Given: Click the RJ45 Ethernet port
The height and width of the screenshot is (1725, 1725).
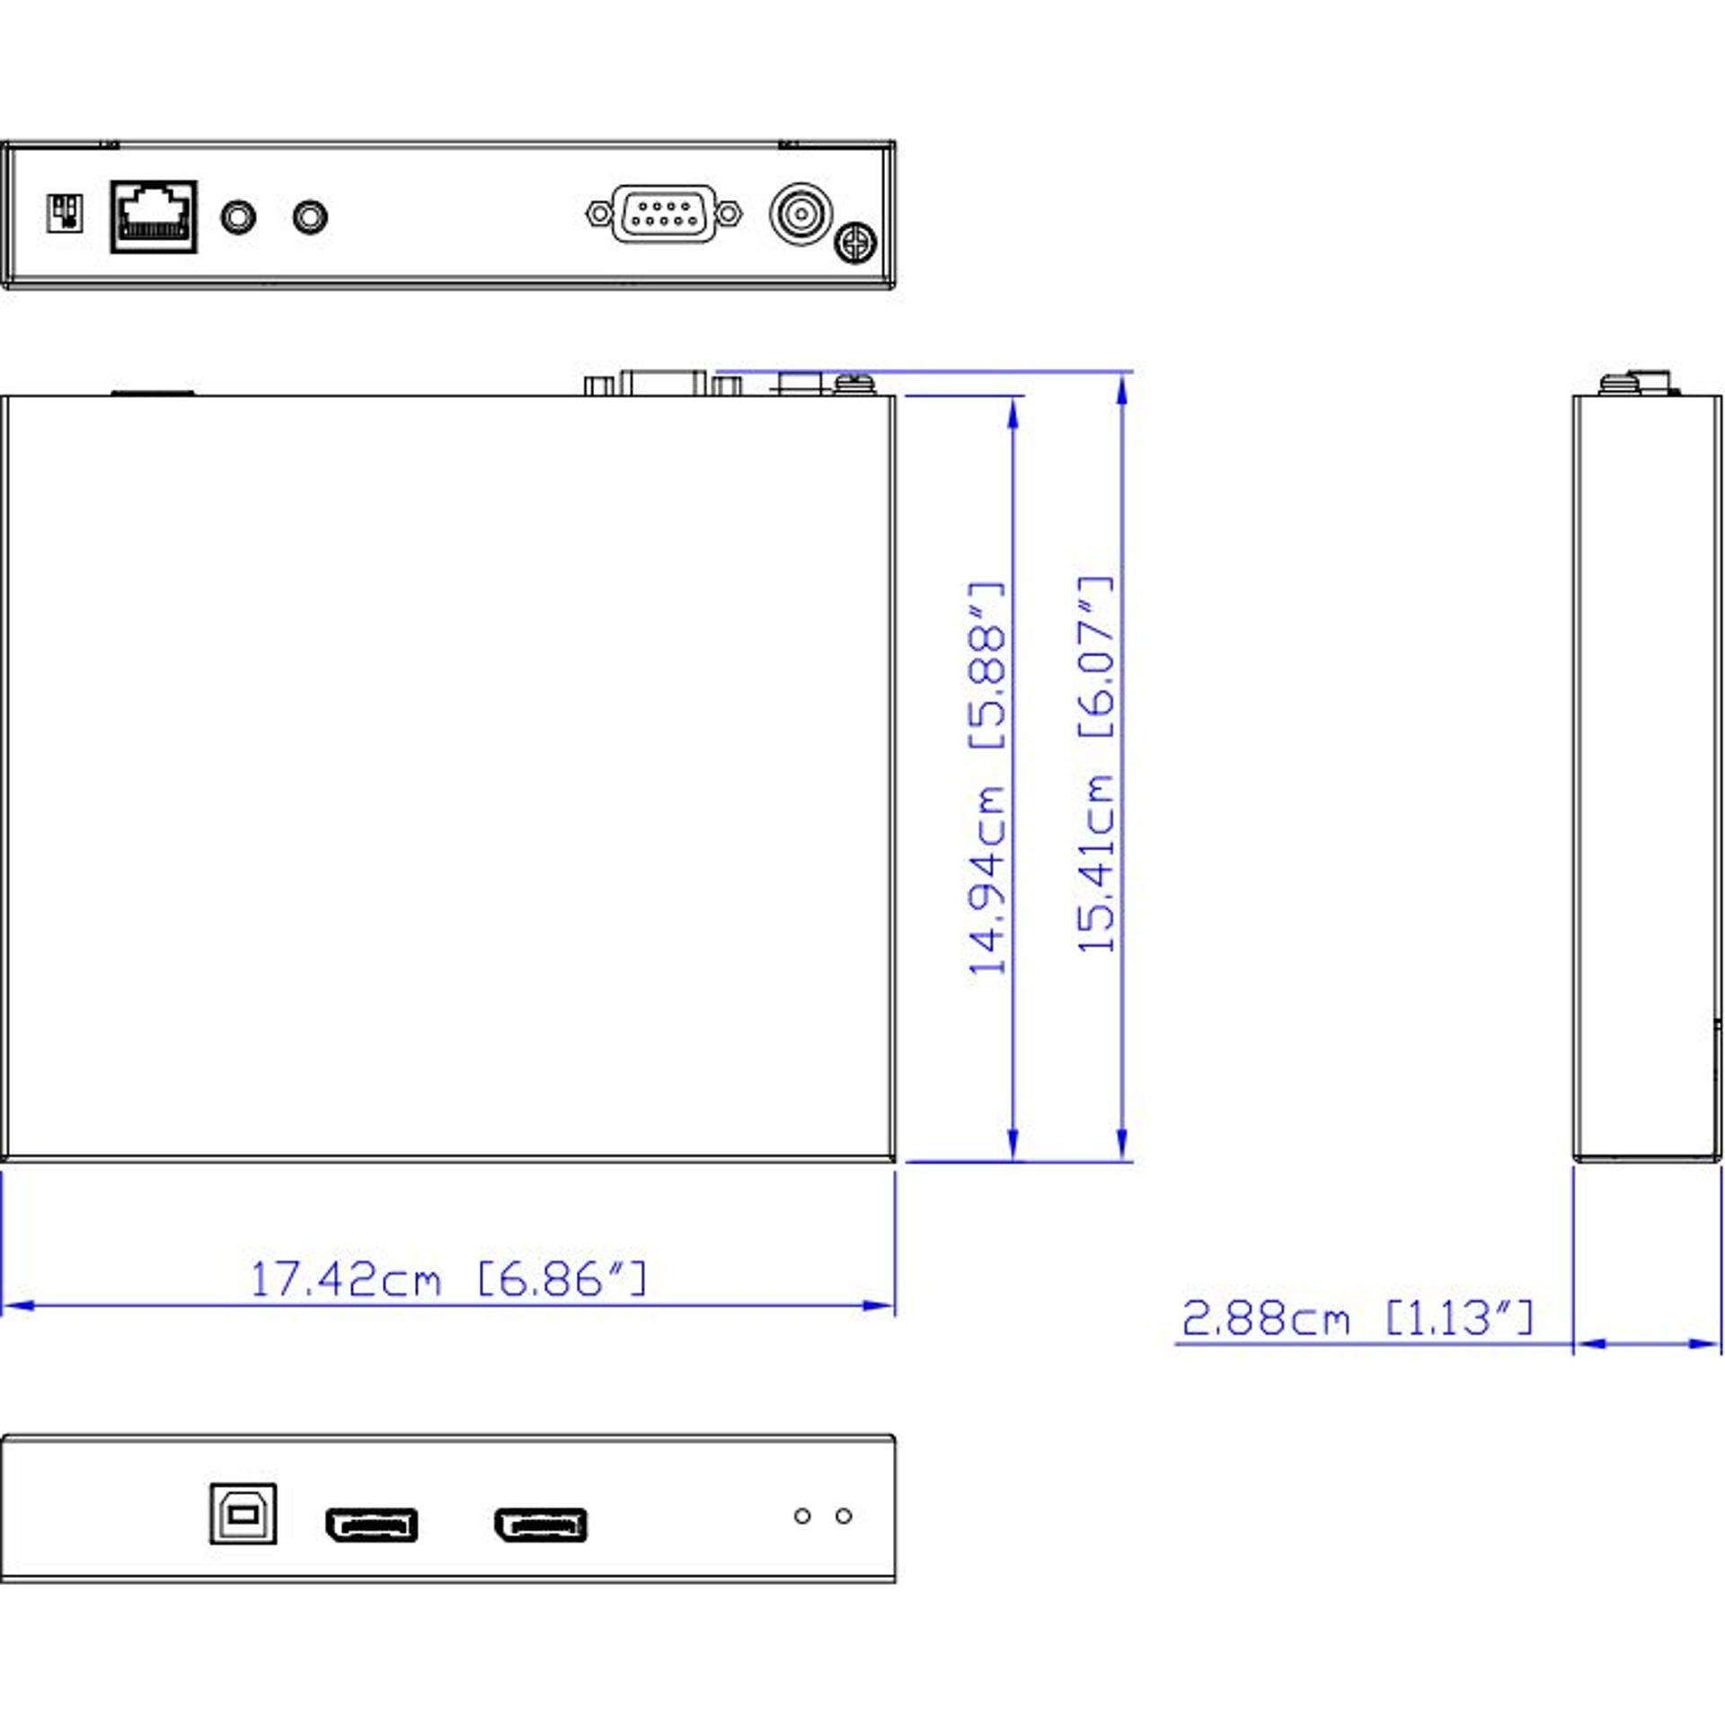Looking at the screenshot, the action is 154,217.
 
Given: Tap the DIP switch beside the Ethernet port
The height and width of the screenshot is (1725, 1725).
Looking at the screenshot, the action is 65,214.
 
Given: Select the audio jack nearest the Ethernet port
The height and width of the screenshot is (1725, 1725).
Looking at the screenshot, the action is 238,217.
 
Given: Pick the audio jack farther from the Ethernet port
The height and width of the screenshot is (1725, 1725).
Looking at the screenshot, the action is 310,217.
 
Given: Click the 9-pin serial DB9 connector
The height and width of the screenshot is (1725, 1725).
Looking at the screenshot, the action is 664,214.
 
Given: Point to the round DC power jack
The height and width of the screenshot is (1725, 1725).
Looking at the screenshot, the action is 801,214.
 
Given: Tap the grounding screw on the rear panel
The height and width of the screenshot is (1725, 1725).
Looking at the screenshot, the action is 855,243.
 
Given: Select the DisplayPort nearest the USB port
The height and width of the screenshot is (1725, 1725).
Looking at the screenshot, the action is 371,1525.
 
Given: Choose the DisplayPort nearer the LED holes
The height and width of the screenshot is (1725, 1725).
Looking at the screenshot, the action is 540,1525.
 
